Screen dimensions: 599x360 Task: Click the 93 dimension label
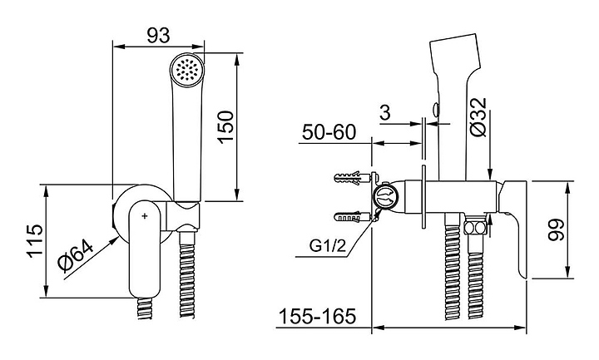coord(158,36)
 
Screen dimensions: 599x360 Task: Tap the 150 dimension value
coord(225,127)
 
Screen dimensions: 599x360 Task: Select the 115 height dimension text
coord(36,241)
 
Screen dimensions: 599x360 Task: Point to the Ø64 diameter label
coord(76,256)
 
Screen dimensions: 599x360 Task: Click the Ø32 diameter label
coord(478,117)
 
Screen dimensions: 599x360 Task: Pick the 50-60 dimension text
coord(329,132)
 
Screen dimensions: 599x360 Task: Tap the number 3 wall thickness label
coord(385,112)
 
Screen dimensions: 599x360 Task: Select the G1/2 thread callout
coord(328,246)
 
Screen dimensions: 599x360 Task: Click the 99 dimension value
coord(556,229)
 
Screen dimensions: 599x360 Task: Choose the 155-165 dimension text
coord(318,316)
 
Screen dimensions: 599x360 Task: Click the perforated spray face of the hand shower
coord(187,69)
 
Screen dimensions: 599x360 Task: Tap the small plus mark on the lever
coord(145,216)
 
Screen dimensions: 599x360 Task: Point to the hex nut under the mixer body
coord(475,228)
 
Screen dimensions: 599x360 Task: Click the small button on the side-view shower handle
coord(435,110)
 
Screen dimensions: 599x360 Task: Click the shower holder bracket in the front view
coord(182,217)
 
